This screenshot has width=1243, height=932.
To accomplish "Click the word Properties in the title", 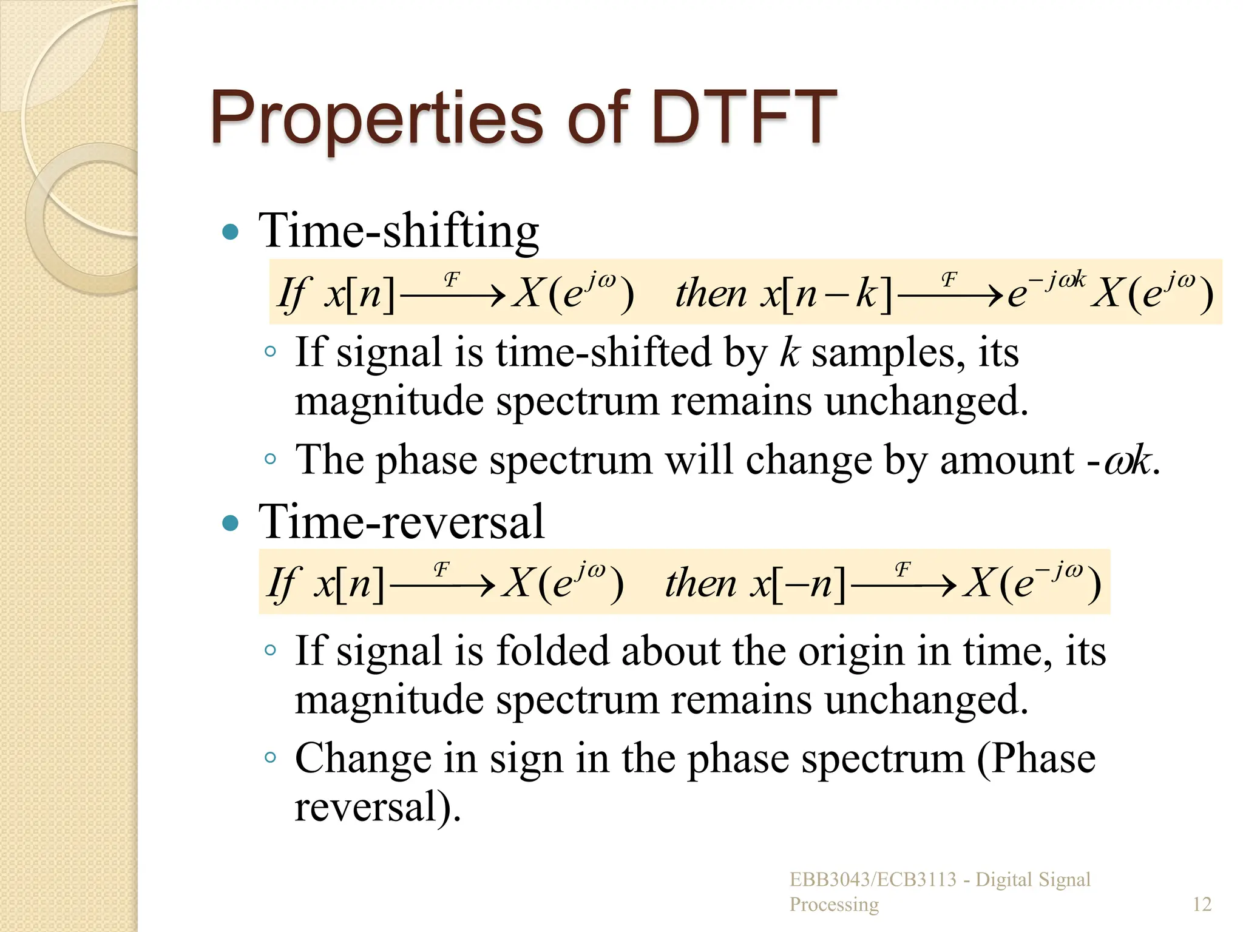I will pyautogui.click(x=376, y=118).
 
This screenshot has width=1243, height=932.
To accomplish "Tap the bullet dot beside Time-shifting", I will pyautogui.click(x=231, y=232).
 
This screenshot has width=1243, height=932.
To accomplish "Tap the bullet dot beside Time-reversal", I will pyautogui.click(x=231, y=522).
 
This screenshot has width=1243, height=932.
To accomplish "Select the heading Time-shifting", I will pyautogui.click(x=399, y=231).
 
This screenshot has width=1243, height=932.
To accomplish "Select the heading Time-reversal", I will pyautogui.click(x=401, y=522).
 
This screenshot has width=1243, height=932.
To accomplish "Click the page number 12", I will pyautogui.click(x=1202, y=904).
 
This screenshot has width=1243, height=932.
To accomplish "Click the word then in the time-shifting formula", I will pyautogui.click(x=711, y=294).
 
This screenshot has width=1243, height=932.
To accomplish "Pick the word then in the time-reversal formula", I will pyautogui.click(x=700, y=584).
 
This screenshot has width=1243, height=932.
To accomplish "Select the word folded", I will pyautogui.click(x=552, y=650).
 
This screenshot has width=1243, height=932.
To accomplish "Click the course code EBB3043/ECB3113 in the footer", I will pyautogui.click(x=873, y=879).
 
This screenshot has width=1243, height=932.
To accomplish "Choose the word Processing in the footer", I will pyautogui.click(x=834, y=904).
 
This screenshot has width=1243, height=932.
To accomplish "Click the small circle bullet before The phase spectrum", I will pyautogui.click(x=271, y=459).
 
